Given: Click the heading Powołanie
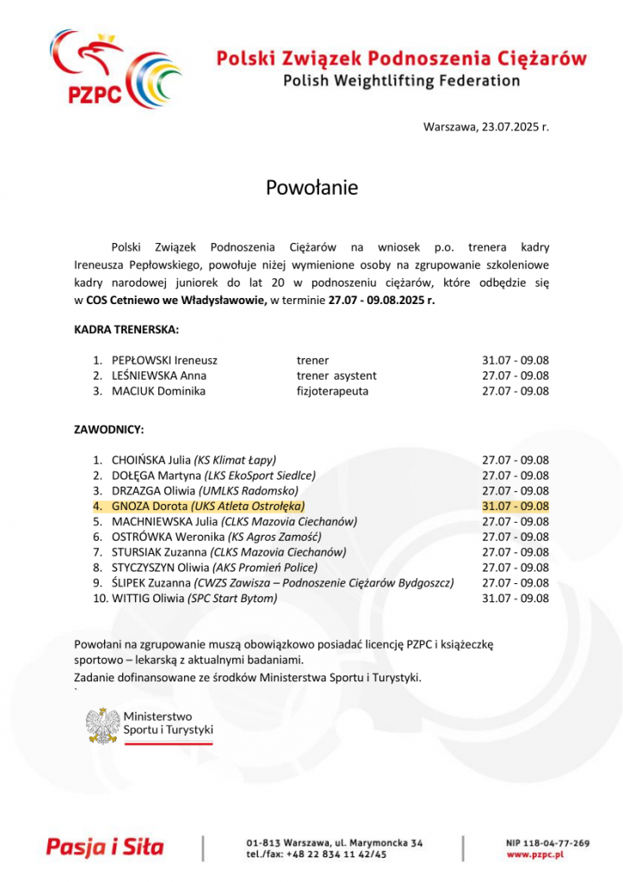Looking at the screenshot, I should (x=311, y=188).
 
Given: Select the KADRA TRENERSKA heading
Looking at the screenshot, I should (x=126, y=330).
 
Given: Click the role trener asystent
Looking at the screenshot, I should (x=336, y=376).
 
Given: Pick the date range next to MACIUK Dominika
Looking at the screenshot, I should (x=515, y=391).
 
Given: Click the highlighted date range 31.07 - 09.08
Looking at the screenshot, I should (x=515, y=506).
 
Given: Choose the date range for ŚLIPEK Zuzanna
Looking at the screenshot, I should (x=515, y=583).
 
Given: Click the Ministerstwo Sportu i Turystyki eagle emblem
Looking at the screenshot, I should (x=103, y=725).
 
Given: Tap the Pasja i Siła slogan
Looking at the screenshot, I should (x=104, y=847).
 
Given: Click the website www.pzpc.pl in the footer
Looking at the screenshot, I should (x=534, y=855).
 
